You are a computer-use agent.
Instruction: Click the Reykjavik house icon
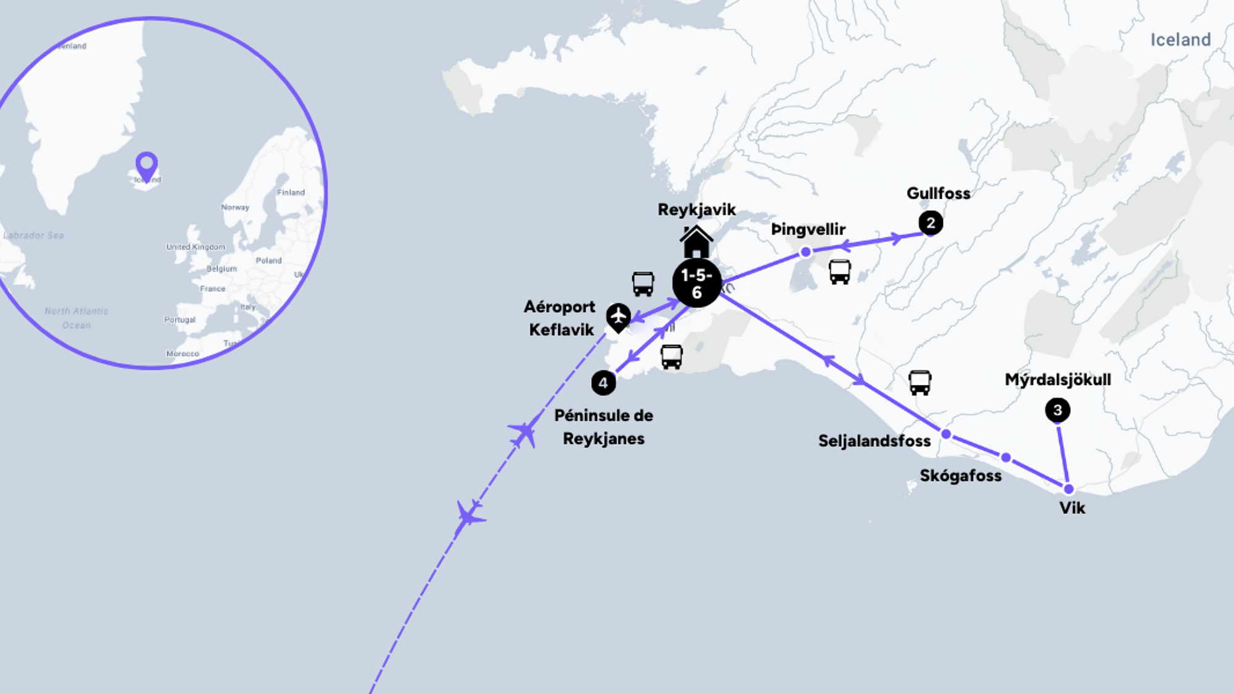(x=697, y=242)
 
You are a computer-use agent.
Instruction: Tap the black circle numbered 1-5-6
(x=697, y=283)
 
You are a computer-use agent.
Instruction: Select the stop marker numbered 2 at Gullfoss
(x=930, y=223)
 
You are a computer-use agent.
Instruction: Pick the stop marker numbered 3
(x=1058, y=410)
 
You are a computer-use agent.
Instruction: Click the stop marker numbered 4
(x=603, y=383)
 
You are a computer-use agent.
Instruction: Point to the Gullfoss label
(x=938, y=194)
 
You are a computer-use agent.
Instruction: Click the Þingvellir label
(x=808, y=229)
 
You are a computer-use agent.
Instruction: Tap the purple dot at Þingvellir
(x=805, y=252)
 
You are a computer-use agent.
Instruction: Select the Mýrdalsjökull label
(x=1058, y=379)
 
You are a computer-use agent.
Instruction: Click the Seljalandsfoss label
(x=874, y=441)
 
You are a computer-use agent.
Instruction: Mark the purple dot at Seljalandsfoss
(x=946, y=434)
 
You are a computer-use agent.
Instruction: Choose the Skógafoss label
(x=961, y=476)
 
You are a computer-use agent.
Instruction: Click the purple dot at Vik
(x=1069, y=489)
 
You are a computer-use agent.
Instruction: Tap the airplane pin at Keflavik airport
(x=618, y=317)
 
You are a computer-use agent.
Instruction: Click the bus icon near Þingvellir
(x=840, y=271)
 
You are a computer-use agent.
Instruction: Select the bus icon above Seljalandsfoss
(x=919, y=382)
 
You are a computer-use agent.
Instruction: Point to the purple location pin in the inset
(x=147, y=165)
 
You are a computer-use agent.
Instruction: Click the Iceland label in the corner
(x=1180, y=40)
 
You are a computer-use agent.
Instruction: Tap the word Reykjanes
(x=603, y=439)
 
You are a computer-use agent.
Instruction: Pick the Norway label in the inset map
(x=235, y=207)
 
